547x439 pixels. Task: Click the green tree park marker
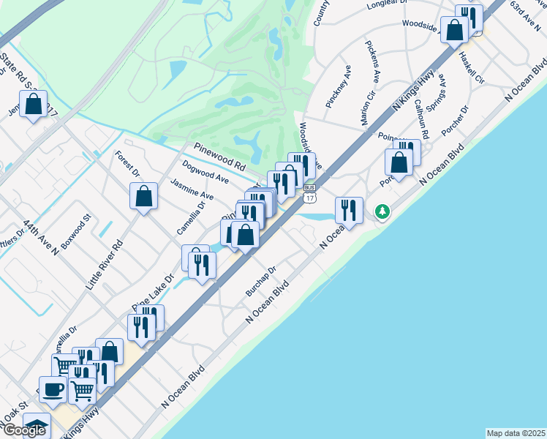(x=381, y=212)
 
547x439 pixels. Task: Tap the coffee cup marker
(x=53, y=389)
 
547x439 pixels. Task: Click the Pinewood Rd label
(x=219, y=154)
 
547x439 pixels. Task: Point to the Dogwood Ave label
(x=205, y=174)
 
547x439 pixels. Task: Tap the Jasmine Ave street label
(x=192, y=190)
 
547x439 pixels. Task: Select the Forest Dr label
(x=127, y=164)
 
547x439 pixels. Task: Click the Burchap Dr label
(x=261, y=281)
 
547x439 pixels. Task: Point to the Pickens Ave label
(x=373, y=61)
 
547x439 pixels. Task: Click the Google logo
(x=23, y=430)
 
